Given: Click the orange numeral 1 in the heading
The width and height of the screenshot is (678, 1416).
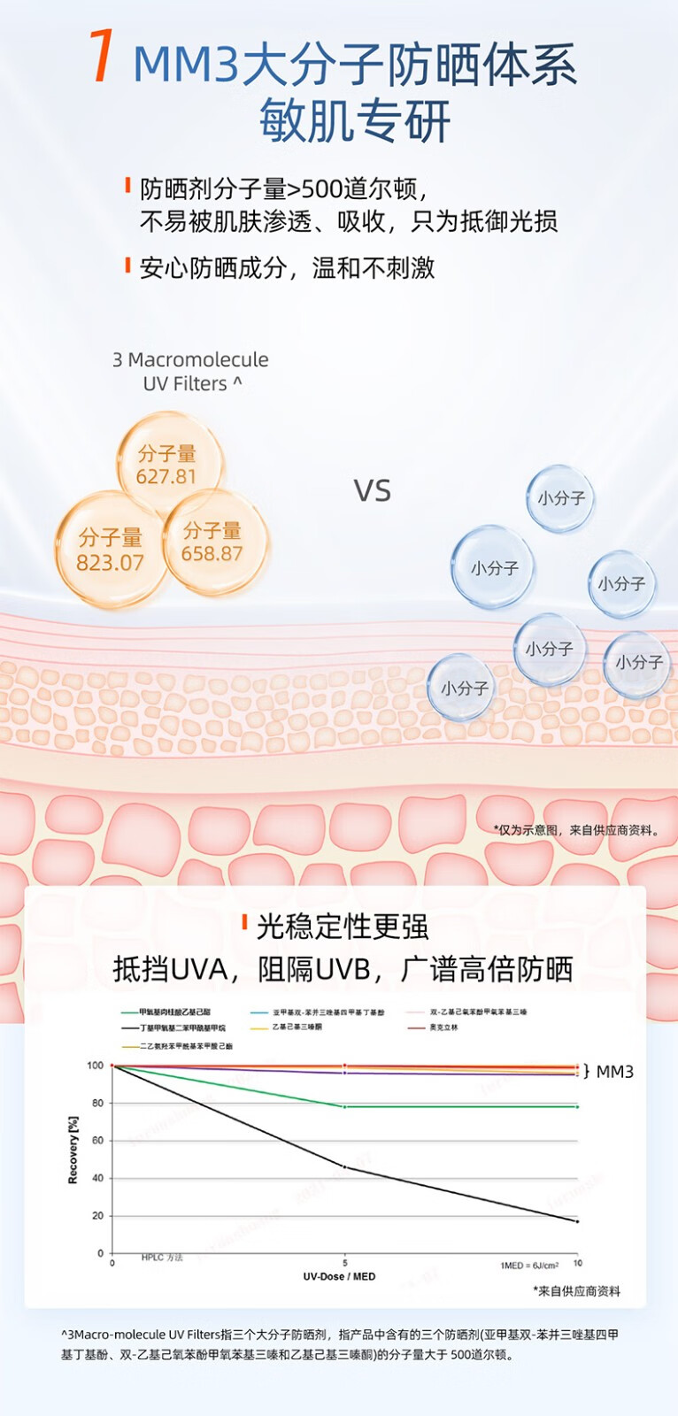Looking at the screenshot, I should click(x=103, y=57).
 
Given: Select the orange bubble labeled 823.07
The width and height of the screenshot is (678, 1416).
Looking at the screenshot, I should click(x=110, y=550).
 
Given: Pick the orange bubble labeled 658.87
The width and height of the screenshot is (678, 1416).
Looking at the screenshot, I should click(x=212, y=542).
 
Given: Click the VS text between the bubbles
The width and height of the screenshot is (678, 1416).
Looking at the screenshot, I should click(x=372, y=490).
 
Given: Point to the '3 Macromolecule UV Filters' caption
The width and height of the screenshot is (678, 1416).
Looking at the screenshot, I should click(x=190, y=372).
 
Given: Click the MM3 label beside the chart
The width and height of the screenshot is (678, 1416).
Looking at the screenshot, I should click(x=614, y=1072).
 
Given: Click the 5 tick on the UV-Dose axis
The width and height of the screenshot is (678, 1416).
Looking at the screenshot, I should click(x=345, y=1262).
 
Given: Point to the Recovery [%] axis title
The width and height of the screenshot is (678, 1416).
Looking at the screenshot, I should click(x=73, y=1150).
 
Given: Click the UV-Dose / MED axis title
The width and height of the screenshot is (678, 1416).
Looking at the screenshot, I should click(x=339, y=1276).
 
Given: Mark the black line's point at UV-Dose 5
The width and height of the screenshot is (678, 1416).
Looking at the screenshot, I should click(x=345, y=1167).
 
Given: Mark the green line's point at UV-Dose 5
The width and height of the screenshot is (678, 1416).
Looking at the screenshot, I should click(x=345, y=1106).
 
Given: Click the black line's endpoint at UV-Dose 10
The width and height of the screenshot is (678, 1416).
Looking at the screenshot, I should click(x=577, y=1221).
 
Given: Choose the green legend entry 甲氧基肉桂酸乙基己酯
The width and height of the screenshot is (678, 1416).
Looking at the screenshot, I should click(x=173, y=1012).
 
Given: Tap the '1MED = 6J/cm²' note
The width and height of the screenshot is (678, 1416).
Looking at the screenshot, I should click(x=529, y=1266).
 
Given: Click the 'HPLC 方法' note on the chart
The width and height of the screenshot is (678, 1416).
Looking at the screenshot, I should click(x=162, y=1258).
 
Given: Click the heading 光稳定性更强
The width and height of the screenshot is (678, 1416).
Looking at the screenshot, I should click(x=342, y=927).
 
